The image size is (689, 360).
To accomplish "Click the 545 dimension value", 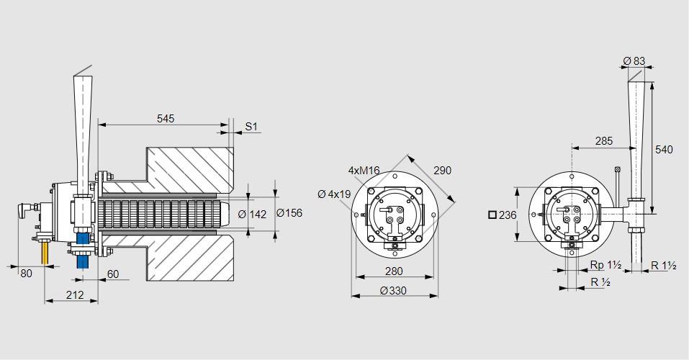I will point(165,118).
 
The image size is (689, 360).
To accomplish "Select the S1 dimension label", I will point(251,127).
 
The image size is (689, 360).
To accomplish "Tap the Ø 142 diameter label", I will point(252,213).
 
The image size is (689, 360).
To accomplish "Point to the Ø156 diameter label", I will point(289,213).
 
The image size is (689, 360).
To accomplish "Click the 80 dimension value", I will point(26,274).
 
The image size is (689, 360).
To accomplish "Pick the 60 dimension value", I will point(113,274).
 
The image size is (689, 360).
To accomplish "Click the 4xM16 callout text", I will point(364,171).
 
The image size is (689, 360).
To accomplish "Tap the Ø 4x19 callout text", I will point(334,194).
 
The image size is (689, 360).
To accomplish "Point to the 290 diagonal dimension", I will point(442,171).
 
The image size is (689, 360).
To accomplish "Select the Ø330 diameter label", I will point(393,290).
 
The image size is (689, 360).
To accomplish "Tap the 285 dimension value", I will point(604,141).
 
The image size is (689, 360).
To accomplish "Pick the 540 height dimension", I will point(664,150).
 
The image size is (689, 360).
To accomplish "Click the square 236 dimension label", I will point(503,215).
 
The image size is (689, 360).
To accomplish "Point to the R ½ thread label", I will point(600,282).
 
